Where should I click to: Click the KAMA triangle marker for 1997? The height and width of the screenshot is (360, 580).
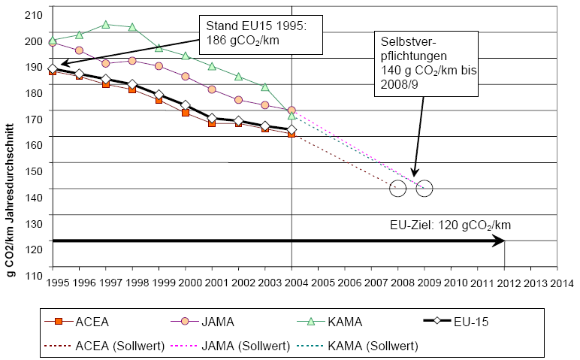(x=106, y=24)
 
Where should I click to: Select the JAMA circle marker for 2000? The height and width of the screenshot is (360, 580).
(x=186, y=77)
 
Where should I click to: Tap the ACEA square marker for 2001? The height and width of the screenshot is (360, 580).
(x=212, y=123)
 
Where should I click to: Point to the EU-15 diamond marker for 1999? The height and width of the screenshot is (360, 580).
(x=159, y=95)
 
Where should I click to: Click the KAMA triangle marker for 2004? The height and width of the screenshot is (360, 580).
(x=292, y=116)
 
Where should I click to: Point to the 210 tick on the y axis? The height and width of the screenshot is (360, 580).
(x=34, y=14)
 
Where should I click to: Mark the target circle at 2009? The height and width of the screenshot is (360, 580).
(x=424, y=189)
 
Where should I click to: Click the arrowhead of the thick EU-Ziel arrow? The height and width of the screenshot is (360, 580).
(x=499, y=241)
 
